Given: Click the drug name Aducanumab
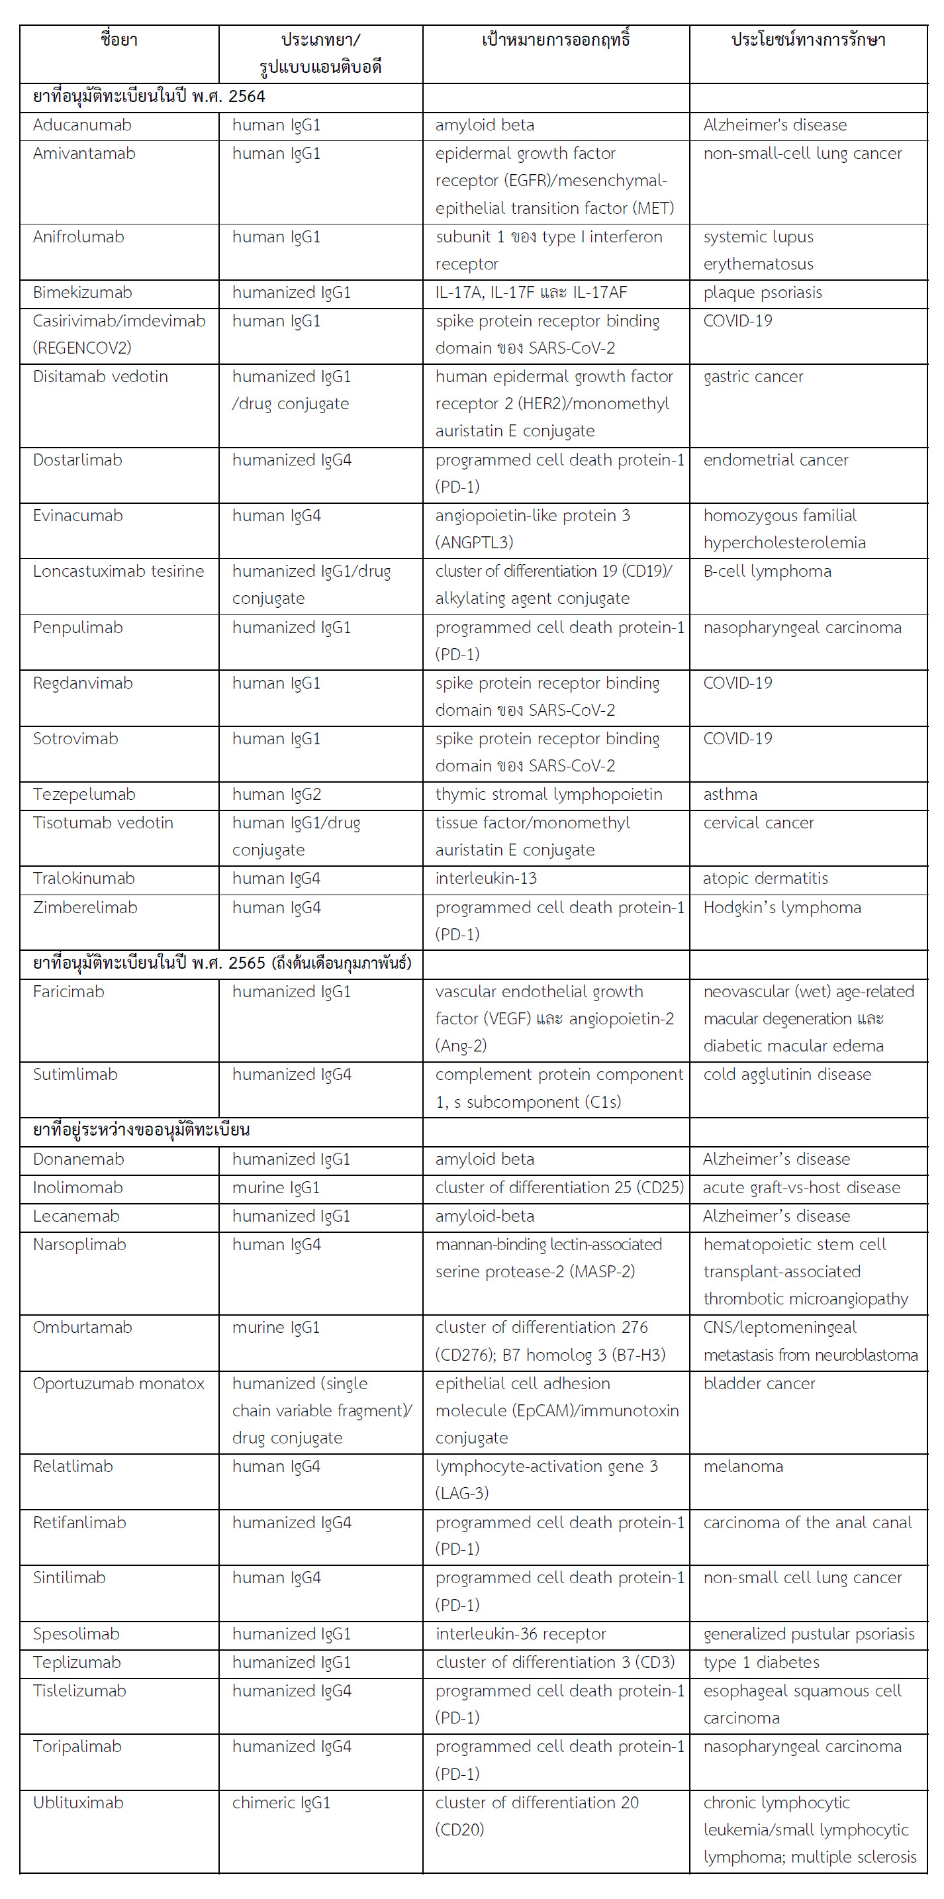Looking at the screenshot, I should [x=82, y=125].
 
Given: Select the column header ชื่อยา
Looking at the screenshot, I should [x=119, y=40].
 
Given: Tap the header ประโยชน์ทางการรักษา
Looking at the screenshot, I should [x=808, y=40].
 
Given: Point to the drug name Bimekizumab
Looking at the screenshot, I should [x=83, y=293].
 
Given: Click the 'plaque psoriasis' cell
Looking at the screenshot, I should [x=762, y=293].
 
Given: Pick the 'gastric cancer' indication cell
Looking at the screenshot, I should [x=753, y=377].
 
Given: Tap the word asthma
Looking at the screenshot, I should [x=730, y=795].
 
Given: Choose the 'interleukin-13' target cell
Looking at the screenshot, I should [x=486, y=879].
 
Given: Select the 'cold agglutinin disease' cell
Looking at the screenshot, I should [x=786, y=1075].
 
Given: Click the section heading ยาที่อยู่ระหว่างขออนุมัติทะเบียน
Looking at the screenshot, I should [x=142, y=1130].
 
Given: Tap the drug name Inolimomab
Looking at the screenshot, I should [x=77, y=1189].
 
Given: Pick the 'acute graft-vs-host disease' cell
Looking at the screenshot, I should [x=801, y=1189].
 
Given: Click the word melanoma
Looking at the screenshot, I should [x=743, y=1467].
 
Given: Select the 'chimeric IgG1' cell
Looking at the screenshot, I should [x=281, y=1803].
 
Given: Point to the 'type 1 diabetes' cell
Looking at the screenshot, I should [x=761, y=1663].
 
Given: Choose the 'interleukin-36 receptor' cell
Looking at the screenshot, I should [x=520, y=1634].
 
